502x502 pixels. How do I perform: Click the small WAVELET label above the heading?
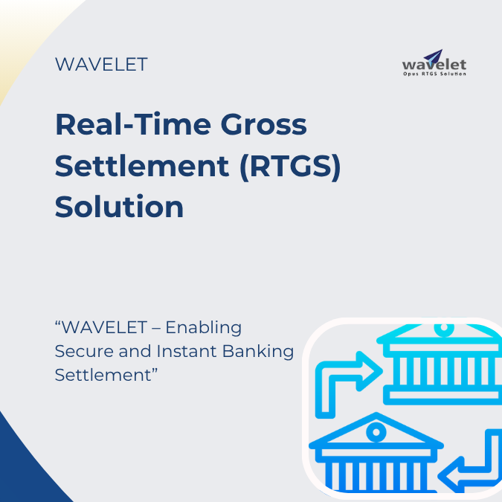click(x=101, y=65)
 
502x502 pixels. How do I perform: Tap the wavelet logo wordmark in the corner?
click(x=434, y=65)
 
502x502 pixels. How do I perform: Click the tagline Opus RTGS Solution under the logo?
click(x=434, y=74)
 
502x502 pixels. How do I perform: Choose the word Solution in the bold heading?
click(x=119, y=206)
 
